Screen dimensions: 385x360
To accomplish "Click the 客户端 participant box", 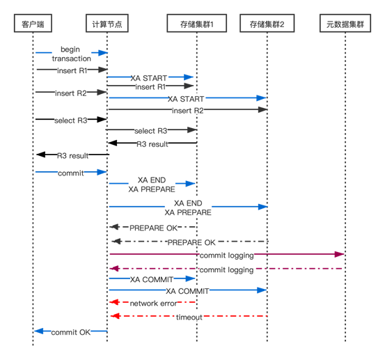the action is click(33, 23).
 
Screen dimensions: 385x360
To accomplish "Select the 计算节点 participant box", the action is click(107, 23).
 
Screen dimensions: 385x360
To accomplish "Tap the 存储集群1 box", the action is click(196, 23).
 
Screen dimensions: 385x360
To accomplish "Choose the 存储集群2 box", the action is click(267, 23).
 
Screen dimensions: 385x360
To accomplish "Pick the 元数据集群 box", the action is click(345, 23).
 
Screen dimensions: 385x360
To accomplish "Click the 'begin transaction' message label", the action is click(71, 54).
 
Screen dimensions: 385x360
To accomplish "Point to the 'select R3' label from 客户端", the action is click(71, 120).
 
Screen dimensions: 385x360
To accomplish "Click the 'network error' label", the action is click(153, 304).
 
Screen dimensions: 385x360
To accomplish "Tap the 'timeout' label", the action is click(189, 318).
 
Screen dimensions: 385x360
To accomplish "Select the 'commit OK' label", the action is click(71, 332).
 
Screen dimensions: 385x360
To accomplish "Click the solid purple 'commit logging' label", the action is click(227, 256).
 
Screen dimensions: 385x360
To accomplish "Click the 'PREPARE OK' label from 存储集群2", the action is click(191, 242).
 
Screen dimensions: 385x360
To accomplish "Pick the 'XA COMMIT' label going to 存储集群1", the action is click(152, 279).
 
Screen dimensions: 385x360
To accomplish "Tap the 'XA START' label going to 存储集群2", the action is click(186, 99).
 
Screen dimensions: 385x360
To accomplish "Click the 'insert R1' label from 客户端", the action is click(72, 71).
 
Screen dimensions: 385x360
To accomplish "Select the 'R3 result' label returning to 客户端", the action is click(72, 156).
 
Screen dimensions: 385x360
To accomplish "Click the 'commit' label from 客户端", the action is click(71, 173).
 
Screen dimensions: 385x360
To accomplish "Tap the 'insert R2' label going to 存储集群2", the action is click(188, 111).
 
